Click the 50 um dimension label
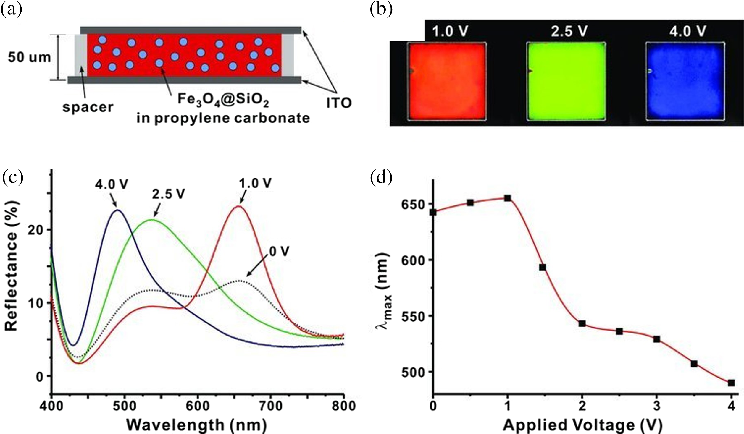coord(29,57)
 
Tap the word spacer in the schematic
coord(88,107)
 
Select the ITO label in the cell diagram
coord(339,103)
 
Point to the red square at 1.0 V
coord(446,81)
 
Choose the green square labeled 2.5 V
coord(566,81)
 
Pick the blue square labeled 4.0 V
coord(685,81)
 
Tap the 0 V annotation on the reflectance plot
coord(279,252)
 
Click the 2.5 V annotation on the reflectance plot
coord(168,194)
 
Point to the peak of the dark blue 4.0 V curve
coord(118,210)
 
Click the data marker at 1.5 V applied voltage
coord(542,267)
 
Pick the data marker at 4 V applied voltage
coord(731,383)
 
